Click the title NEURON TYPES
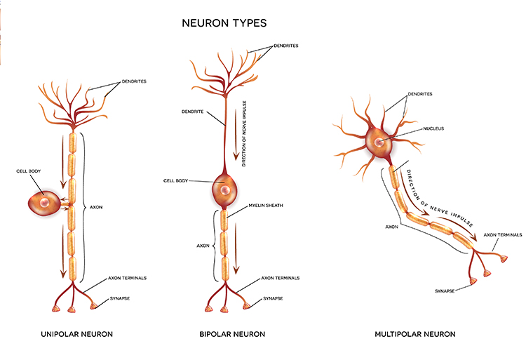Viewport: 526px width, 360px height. (x=224, y=23)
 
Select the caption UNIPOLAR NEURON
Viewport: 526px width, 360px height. (x=76, y=334)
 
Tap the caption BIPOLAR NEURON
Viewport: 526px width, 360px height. (x=232, y=334)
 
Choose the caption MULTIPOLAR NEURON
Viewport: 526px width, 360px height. (x=415, y=334)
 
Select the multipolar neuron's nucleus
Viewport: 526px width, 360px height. (x=379, y=142)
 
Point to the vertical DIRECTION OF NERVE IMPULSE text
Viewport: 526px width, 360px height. (x=243, y=135)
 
